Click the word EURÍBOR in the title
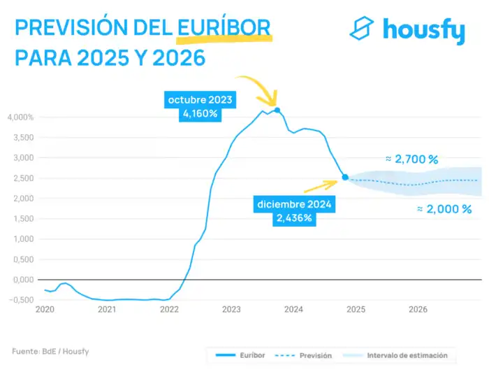coord(224,27)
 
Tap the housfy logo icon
coord(362,29)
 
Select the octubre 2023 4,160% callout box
coord(199,106)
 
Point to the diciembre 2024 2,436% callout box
coord(293,211)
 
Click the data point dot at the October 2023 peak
coord(277,110)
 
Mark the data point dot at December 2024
coord(345,178)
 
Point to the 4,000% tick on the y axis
coord(20,117)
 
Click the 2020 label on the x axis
coord(45,309)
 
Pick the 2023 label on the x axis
coord(231,309)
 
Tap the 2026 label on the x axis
coord(418,309)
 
